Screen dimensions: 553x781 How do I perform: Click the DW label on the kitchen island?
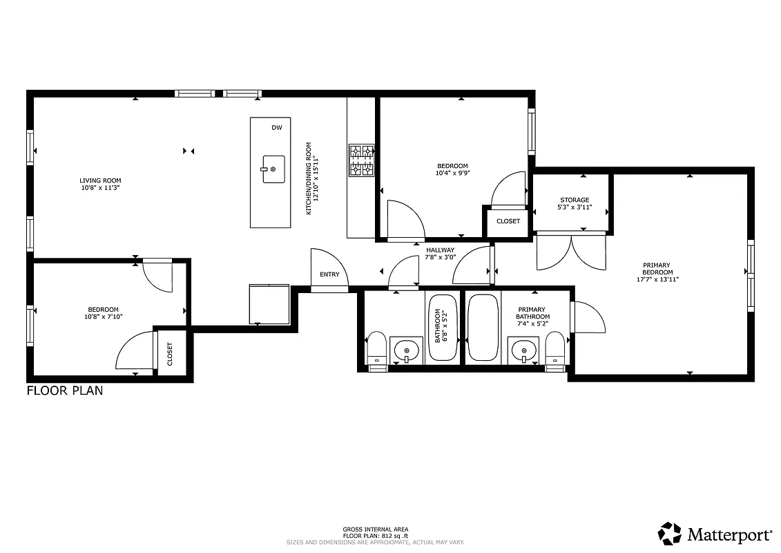(276, 128)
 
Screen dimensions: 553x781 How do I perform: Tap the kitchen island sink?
(273, 169)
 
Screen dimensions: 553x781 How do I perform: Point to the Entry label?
(329, 274)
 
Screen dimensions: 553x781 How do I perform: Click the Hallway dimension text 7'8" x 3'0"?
(440, 257)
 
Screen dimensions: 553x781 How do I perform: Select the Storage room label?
(574, 200)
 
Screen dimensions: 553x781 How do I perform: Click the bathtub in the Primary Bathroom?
(483, 328)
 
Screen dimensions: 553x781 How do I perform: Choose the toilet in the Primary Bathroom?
(555, 347)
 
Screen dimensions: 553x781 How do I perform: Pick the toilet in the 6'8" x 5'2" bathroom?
(376, 347)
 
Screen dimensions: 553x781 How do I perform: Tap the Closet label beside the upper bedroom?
(508, 221)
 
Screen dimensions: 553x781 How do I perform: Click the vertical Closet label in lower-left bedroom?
(170, 354)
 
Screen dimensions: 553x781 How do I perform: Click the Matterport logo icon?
(669, 534)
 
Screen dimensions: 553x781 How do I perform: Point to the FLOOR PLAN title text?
(65, 391)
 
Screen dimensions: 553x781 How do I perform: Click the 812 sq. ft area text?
(376, 535)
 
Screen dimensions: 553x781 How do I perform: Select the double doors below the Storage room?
(570, 252)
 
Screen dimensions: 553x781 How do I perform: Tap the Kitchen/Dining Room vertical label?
(312, 178)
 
